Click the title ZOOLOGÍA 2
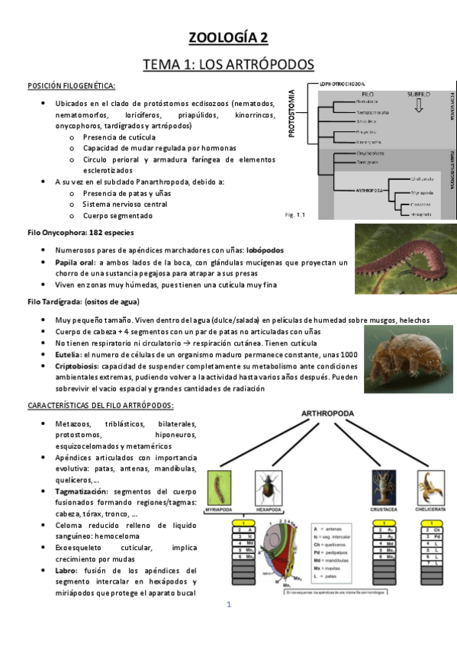pos(228,37)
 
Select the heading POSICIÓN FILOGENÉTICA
pos(71,85)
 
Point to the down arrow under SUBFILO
pos(417,107)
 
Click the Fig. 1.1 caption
pos(293,214)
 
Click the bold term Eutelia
pos(69,355)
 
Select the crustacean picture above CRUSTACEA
pos(384,487)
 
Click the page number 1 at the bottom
pos(228,604)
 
